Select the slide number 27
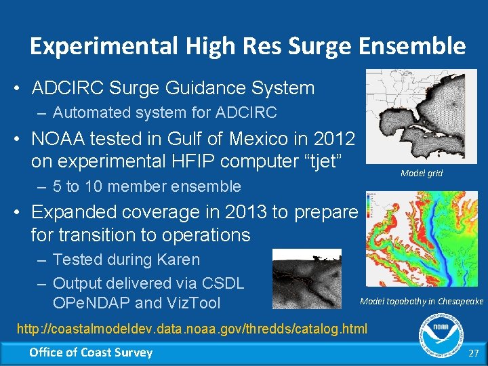click(x=474, y=353)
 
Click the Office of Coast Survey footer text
click(x=91, y=352)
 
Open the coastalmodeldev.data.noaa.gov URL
click(x=191, y=329)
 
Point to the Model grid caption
click(x=421, y=174)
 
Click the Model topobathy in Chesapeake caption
click(x=421, y=301)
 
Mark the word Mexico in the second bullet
click(x=267, y=139)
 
